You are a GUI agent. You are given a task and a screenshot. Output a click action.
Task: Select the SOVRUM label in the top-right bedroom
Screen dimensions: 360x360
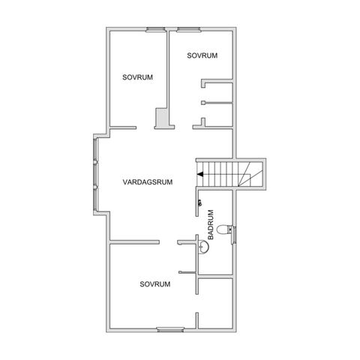pos(202,55)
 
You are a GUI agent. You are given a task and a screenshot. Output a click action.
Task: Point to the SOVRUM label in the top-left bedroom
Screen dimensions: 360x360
pos(138,76)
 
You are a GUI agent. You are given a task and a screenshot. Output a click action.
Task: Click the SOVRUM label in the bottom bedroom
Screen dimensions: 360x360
pos(155,284)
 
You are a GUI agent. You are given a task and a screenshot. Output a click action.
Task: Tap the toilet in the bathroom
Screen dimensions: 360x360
pos(226,229)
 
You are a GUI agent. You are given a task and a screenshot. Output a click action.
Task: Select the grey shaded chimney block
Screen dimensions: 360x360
pos(161,118)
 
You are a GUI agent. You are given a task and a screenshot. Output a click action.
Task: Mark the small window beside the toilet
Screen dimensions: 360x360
pos(235,233)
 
